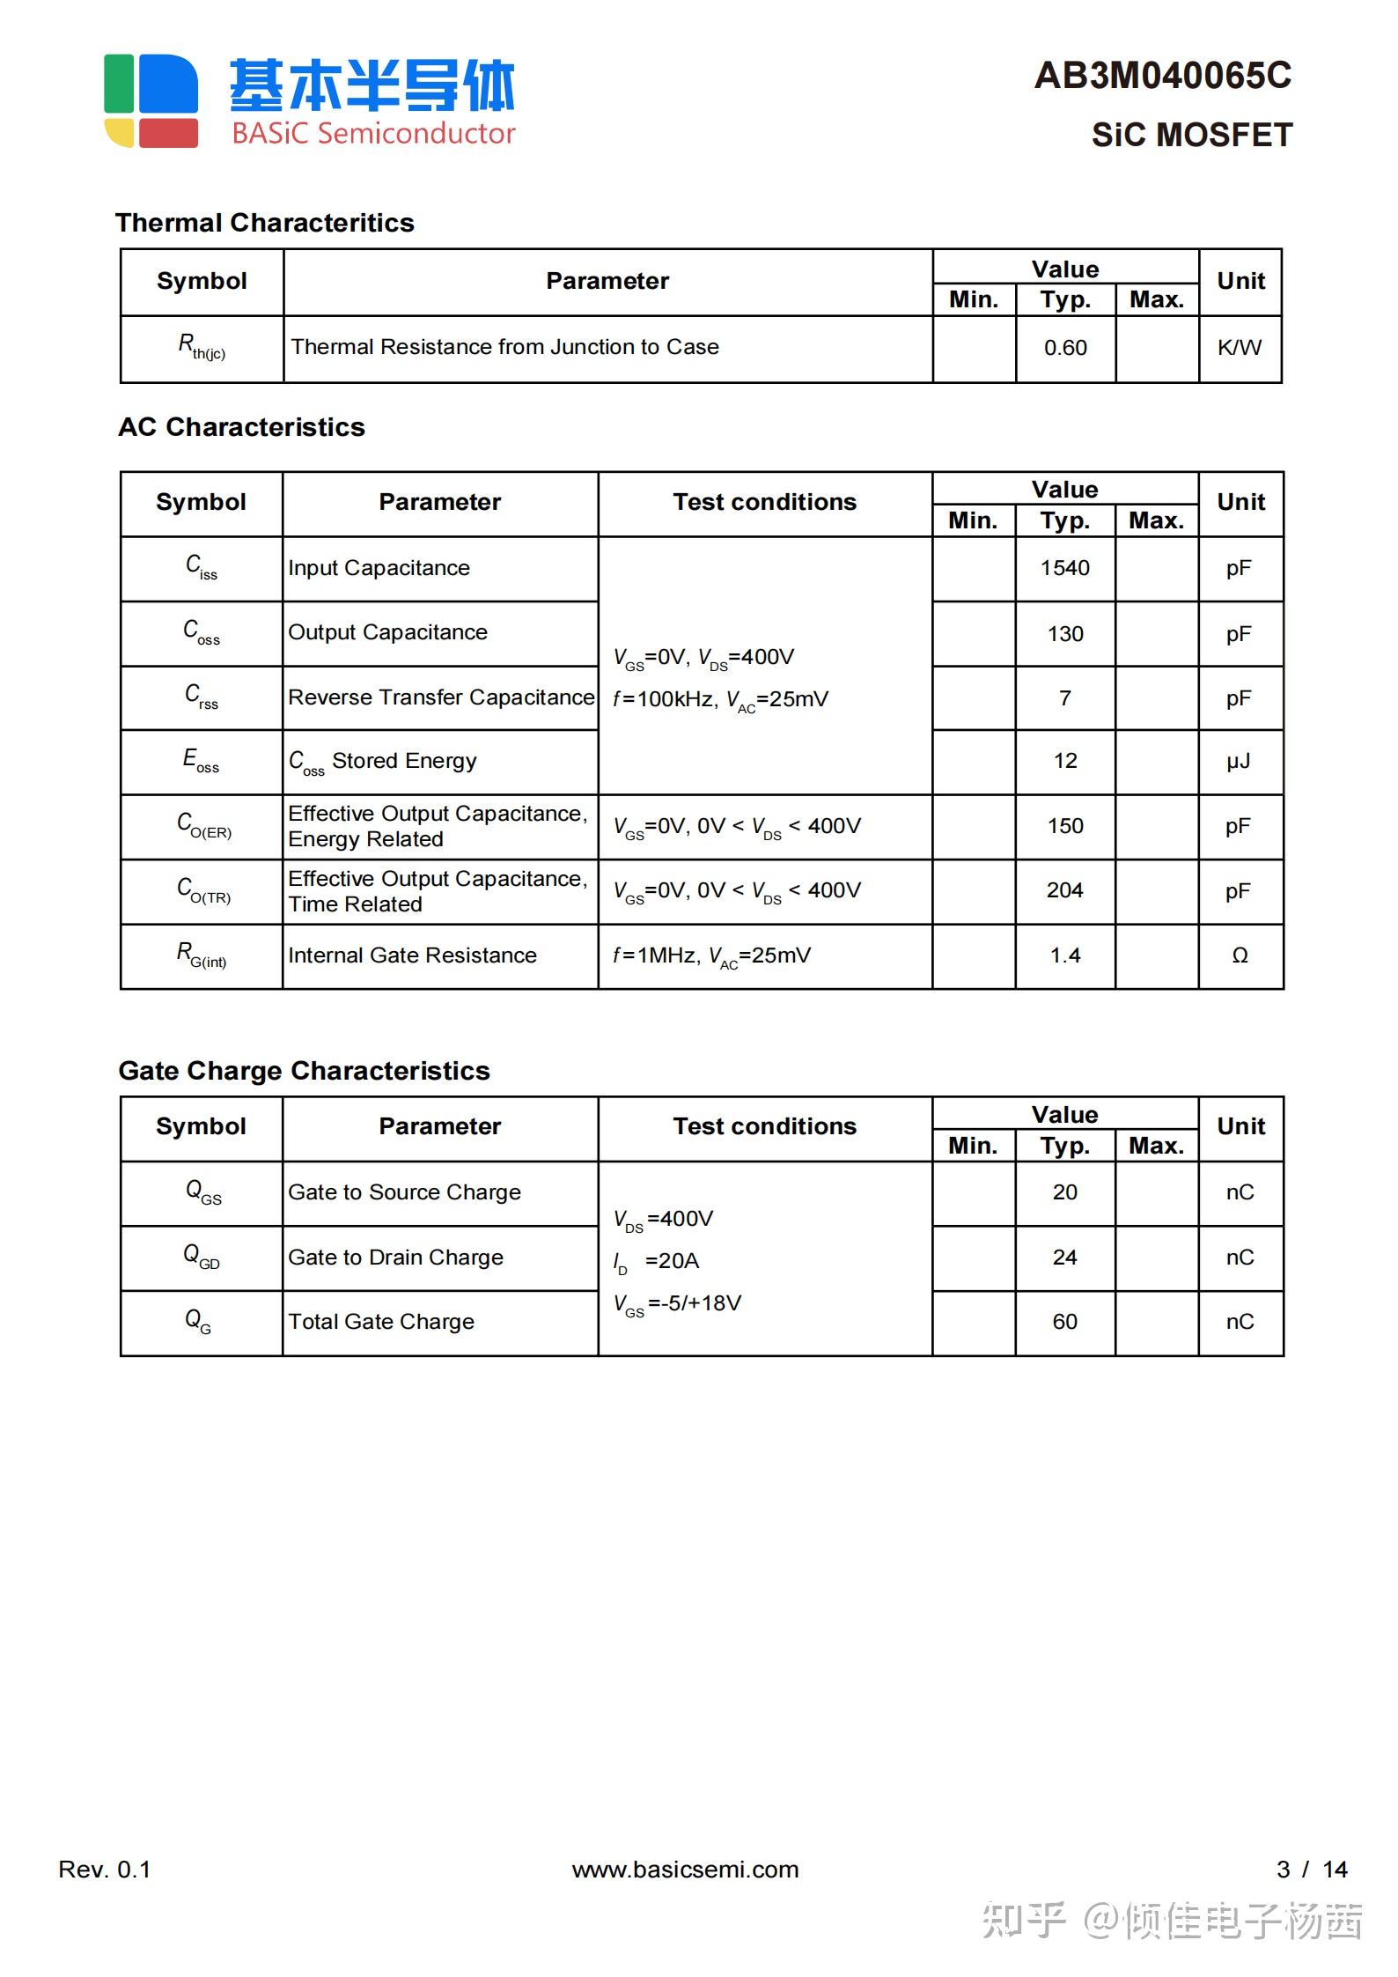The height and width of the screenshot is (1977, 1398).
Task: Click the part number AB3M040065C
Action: tap(1162, 76)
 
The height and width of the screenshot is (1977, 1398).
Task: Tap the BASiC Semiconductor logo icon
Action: tap(151, 100)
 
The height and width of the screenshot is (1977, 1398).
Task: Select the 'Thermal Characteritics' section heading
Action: tap(264, 223)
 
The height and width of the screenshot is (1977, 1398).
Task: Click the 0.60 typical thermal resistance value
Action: tap(1065, 348)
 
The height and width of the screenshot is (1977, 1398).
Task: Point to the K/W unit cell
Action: tap(1240, 348)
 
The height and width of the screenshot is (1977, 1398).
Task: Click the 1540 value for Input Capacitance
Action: tap(1065, 568)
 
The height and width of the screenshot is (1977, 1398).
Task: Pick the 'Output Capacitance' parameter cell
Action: tap(387, 632)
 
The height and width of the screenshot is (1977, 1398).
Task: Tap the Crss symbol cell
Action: tap(202, 697)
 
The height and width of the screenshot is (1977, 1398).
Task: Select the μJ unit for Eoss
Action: tap(1239, 761)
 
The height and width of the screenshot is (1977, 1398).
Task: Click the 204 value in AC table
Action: tap(1065, 890)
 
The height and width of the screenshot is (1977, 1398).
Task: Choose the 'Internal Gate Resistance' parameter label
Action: tap(412, 955)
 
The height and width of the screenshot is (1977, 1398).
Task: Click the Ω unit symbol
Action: tap(1240, 955)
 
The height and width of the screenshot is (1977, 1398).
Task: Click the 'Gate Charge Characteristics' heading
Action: tap(304, 1071)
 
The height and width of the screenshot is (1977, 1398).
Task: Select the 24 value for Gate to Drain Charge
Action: tap(1065, 1258)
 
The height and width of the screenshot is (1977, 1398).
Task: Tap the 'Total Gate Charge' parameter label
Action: tap(381, 1322)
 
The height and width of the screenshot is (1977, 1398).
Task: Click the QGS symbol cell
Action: tap(202, 1192)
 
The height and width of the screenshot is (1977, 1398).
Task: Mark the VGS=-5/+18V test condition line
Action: tap(678, 1304)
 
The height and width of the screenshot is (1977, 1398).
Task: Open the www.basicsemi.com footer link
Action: tap(685, 1870)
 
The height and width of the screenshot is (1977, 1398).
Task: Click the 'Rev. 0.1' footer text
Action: tap(105, 1870)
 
